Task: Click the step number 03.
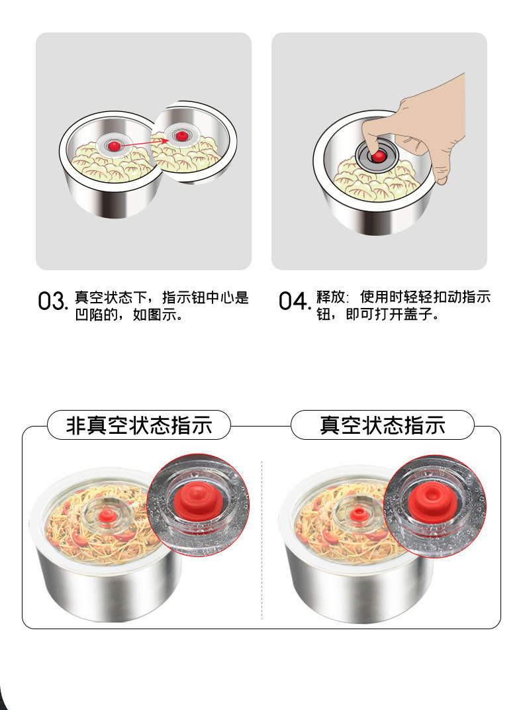click(52, 301)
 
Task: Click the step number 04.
click(294, 301)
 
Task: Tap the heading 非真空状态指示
click(139, 425)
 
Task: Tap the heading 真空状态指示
click(382, 425)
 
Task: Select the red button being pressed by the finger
click(378, 157)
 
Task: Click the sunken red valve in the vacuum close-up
click(432, 500)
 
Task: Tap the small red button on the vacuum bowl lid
click(358, 515)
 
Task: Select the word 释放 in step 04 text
click(330, 297)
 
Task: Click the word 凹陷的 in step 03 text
click(97, 314)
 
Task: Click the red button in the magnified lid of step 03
click(181, 136)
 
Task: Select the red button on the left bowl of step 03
click(115, 146)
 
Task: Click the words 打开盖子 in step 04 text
click(403, 314)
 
